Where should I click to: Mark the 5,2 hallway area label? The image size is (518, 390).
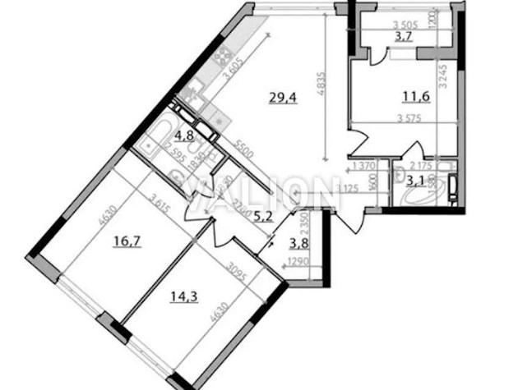[239, 217]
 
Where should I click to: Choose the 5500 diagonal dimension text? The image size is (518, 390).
[240, 152]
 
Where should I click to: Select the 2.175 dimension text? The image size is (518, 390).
[420, 165]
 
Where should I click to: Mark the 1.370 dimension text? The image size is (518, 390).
[363, 167]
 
